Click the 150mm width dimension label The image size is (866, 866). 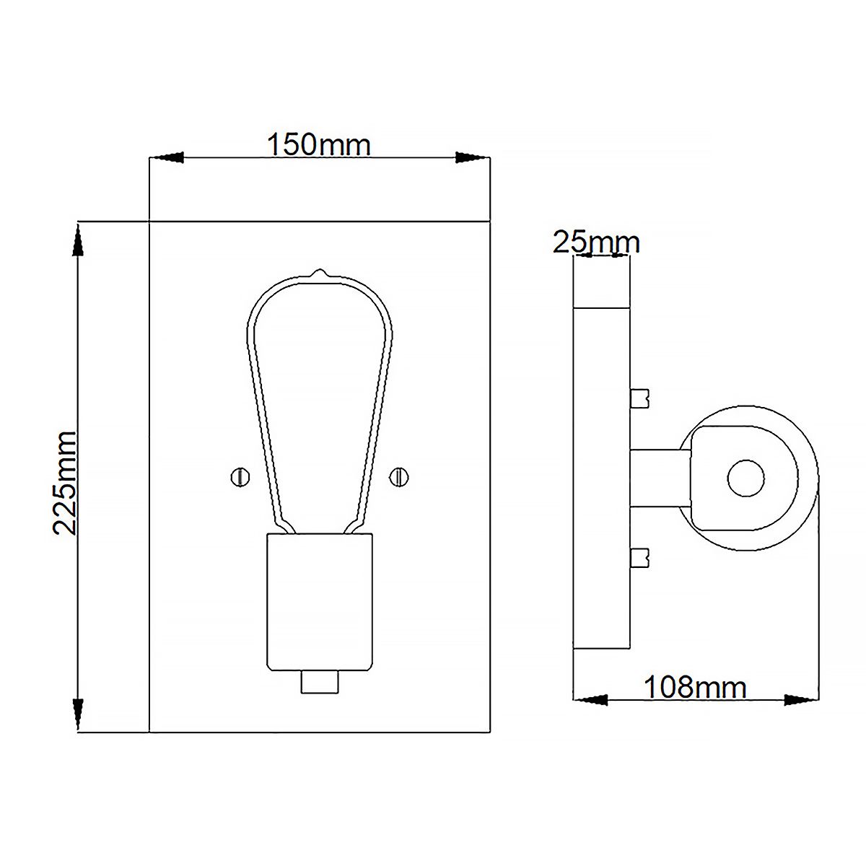[319, 145]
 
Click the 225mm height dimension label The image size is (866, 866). [65, 482]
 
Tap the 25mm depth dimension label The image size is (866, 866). [596, 242]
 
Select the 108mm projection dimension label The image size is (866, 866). [694, 687]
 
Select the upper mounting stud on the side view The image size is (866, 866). [640, 398]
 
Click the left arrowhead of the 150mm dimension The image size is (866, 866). [166, 157]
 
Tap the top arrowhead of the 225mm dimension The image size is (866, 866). [77, 240]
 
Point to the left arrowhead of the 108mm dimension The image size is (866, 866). [590, 699]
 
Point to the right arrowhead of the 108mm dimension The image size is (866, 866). [802, 699]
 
